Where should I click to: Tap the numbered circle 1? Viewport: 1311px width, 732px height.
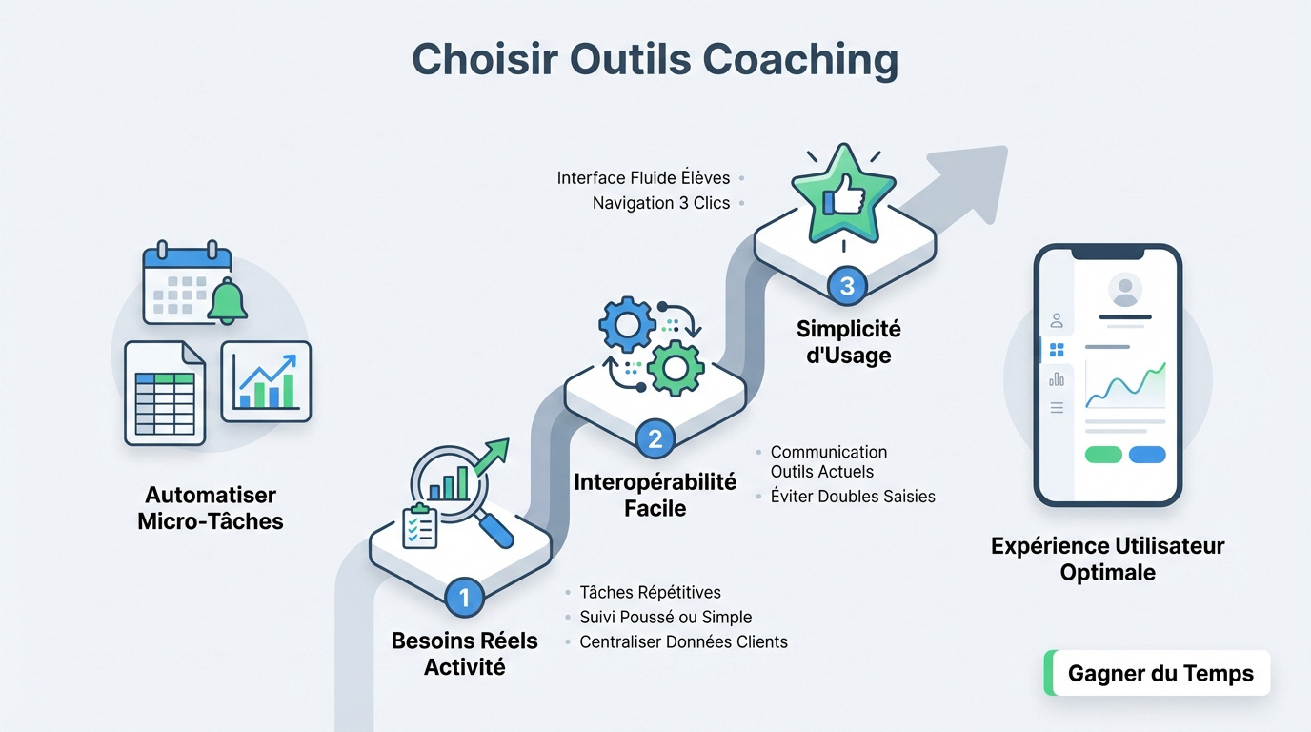coord(464,598)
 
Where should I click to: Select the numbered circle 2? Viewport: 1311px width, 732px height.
coord(655,438)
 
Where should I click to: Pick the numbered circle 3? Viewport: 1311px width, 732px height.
coord(846,285)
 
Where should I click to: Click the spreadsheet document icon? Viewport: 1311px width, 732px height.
coord(165,393)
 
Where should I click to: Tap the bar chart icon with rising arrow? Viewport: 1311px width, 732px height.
coord(266,381)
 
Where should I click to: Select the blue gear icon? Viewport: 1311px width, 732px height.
coord(627,325)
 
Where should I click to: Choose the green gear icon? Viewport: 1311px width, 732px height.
coord(676,367)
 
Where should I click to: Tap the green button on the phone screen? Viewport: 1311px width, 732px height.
coord(1103,455)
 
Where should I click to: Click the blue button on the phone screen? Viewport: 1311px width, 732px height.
coord(1147,455)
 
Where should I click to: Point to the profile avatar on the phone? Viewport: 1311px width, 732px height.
coord(1125,290)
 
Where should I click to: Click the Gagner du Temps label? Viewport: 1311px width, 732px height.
coord(1160,674)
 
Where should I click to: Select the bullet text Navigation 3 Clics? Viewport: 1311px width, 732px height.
coord(660,203)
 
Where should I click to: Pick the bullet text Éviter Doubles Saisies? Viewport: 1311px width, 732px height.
coord(853,496)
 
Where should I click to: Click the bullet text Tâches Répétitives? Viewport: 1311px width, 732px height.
coord(650,593)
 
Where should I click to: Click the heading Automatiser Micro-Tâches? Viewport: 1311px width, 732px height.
coord(211,508)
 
